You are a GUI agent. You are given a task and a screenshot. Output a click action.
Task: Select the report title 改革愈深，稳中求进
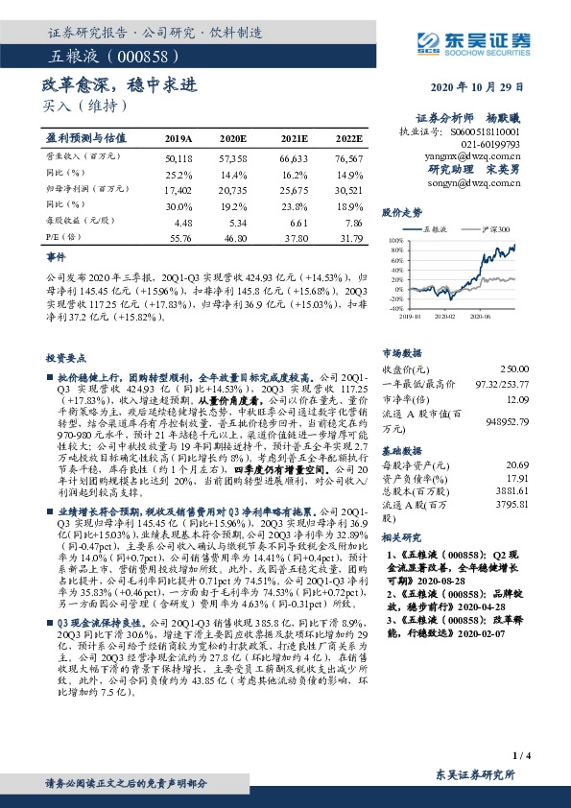point(119,85)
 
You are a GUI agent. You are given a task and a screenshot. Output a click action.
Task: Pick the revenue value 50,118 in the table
point(179,157)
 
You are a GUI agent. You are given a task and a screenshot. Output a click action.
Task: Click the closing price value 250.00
point(512,368)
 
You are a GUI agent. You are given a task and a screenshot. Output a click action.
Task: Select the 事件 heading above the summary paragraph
point(56,257)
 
